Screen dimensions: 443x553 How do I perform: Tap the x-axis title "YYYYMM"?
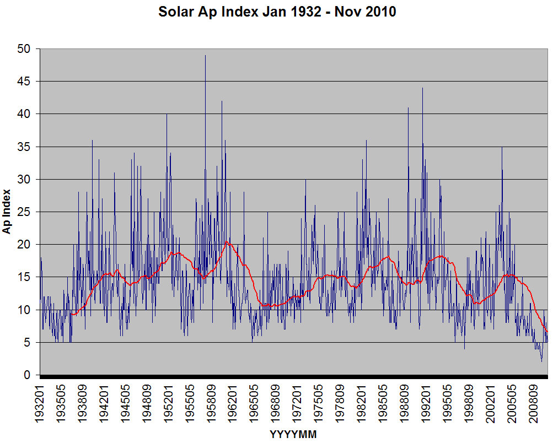tap(293, 434)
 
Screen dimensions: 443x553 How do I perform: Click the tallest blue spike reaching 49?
tap(205, 56)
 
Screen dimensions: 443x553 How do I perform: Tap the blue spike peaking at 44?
tap(422, 88)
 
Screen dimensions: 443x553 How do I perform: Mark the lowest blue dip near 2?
tap(541, 361)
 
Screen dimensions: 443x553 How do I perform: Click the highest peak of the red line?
tap(226, 241)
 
